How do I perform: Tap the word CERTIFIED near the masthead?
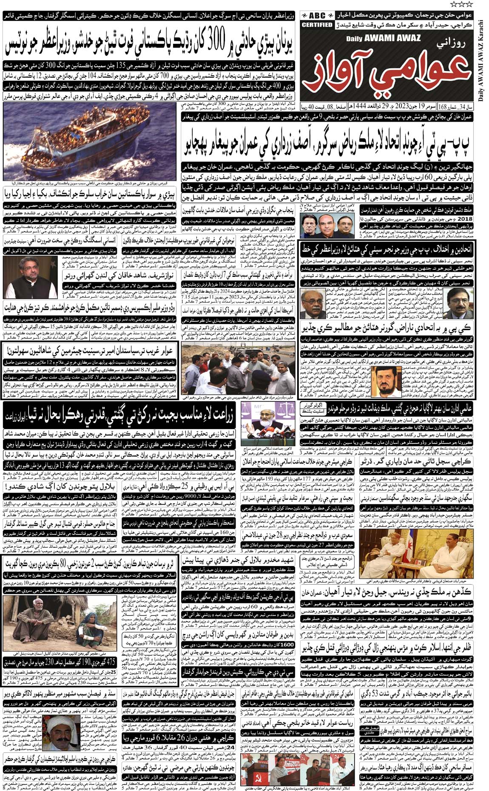(317, 25)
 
